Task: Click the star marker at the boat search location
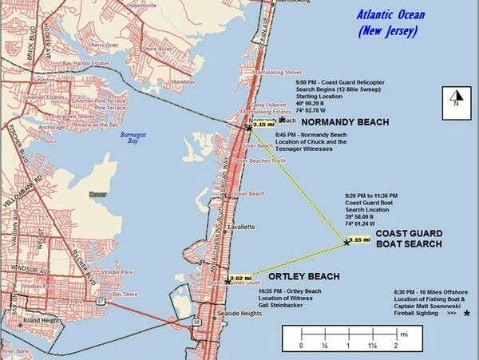(346, 243)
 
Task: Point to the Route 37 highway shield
(122, 303)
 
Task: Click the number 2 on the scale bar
(394, 345)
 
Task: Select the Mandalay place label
(183, 82)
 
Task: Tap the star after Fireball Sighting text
(467, 313)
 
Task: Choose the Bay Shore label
(125, 294)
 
